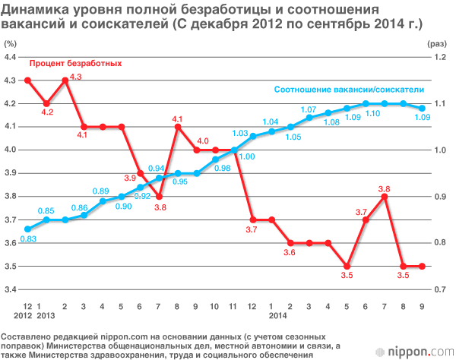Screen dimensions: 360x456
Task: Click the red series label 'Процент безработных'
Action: point(75,62)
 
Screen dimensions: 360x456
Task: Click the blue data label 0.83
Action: point(28,240)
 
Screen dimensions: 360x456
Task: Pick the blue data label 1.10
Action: point(372,114)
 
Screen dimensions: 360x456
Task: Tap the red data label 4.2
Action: point(47,112)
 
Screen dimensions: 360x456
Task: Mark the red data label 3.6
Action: point(290,253)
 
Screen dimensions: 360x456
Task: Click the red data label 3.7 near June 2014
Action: point(363,213)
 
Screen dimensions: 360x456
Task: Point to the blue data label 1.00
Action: point(246,156)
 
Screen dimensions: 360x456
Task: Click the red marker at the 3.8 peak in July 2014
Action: point(385,197)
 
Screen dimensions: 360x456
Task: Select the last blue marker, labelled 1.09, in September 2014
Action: point(422,108)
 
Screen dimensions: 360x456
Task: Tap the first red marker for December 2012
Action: point(28,80)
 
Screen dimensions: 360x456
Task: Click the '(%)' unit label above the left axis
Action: point(10,46)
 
